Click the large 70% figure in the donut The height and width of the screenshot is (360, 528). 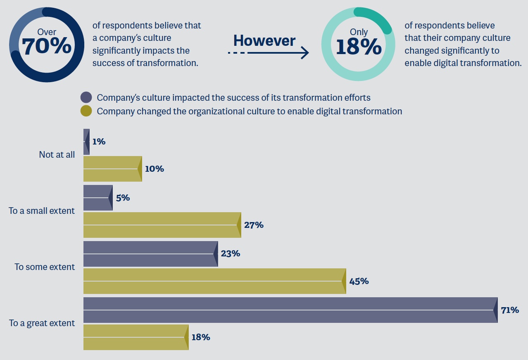pyautogui.click(x=46, y=46)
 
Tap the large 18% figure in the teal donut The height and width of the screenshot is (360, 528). pyautogui.click(x=359, y=47)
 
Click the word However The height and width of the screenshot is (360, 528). pyautogui.click(x=264, y=40)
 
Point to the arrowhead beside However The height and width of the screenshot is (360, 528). pyautogui.click(x=304, y=52)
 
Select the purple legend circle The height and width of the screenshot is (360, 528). pyautogui.click(x=86, y=97)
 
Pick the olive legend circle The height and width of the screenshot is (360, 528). pyautogui.click(x=86, y=111)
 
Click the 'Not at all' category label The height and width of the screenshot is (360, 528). pyautogui.click(x=57, y=154)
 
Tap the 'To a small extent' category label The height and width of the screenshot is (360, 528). pyautogui.click(x=42, y=211)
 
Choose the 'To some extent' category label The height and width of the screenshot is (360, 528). pyautogui.click(x=45, y=267)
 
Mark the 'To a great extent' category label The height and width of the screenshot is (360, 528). pyautogui.click(x=42, y=323)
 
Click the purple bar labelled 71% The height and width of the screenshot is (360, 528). pyautogui.click(x=289, y=310)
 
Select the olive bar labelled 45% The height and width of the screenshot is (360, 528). pyautogui.click(x=214, y=281)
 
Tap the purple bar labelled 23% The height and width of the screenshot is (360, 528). pyautogui.click(x=150, y=254)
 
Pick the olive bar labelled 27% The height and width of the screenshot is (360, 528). pyautogui.click(x=162, y=225)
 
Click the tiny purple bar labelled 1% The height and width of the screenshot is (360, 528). pyautogui.click(x=86, y=142)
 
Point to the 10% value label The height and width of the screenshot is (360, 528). pyautogui.click(x=155, y=169)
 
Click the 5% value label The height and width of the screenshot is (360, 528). pyautogui.click(x=123, y=198)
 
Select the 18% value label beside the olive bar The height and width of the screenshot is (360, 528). pyautogui.click(x=201, y=337)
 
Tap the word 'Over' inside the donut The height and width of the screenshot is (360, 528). pyautogui.click(x=47, y=32)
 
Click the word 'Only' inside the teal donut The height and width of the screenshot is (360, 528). pyautogui.click(x=359, y=32)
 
